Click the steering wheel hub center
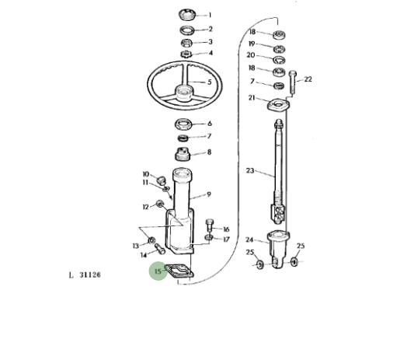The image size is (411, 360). point(184,93)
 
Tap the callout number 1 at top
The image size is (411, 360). point(210,16)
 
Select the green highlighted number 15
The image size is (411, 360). point(158,271)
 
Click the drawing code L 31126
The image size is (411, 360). point(85,275)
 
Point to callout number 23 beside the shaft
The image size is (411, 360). point(250,170)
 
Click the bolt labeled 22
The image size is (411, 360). point(293,82)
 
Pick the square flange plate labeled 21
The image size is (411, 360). point(278,104)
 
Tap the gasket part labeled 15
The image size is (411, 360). point(179,271)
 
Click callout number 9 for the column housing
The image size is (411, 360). point(209,194)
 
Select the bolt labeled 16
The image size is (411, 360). point(209,225)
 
